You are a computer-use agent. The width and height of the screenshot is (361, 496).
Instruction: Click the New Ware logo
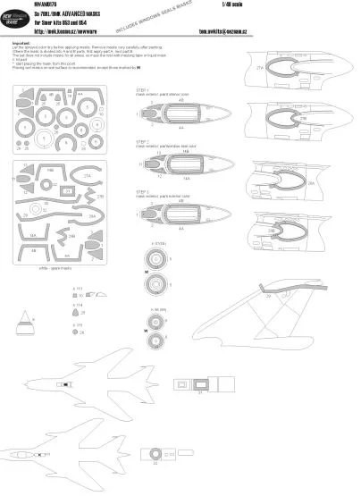[x=20, y=24]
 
